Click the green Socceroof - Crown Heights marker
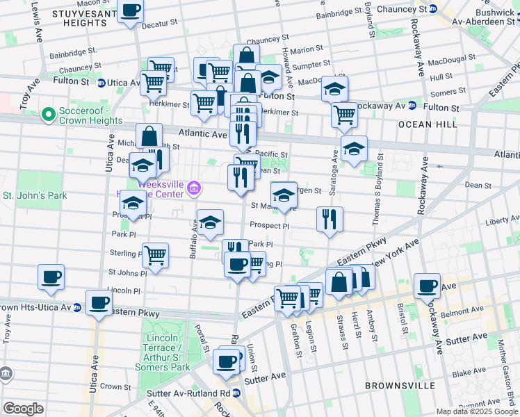[48, 113]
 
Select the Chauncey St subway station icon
[433, 9]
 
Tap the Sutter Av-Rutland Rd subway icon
[236, 393]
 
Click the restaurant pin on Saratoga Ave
[330, 218]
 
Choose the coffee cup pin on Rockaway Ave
[427, 285]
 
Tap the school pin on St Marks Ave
[283, 195]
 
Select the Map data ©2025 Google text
[476, 411]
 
